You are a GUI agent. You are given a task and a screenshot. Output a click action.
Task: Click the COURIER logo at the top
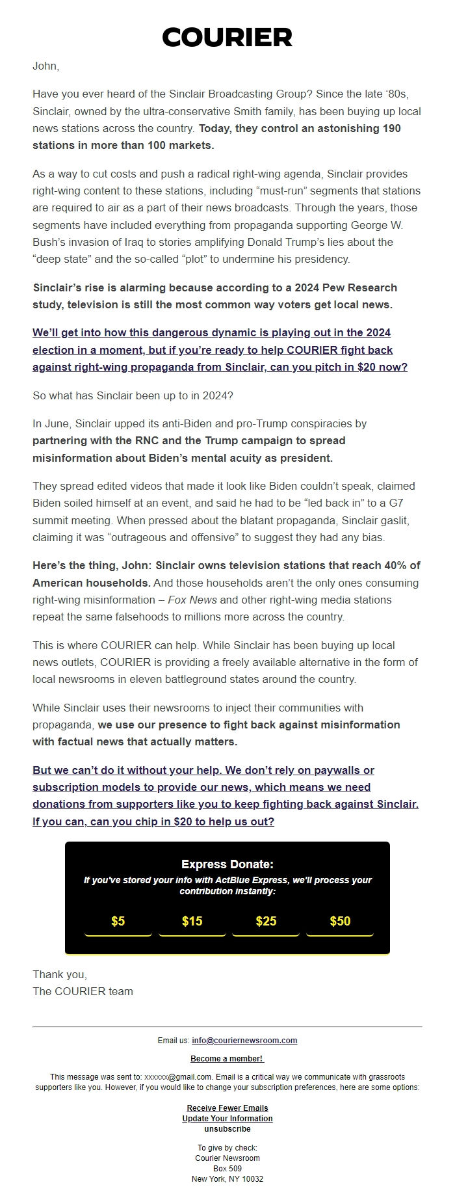(x=227, y=38)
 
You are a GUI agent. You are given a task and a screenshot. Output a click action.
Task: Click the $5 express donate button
(x=118, y=921)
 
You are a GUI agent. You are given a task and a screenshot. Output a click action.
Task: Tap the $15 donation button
(x=192, y=921)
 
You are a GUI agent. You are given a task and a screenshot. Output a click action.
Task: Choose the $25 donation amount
(x=266, y=921)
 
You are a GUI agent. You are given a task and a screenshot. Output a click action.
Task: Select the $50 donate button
(x=340, y=921)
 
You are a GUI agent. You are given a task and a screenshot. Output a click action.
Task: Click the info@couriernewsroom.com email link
(x=244, y=1041)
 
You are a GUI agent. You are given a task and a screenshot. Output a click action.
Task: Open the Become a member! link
(x=227, y=1059)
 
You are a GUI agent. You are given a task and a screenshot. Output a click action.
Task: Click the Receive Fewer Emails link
(x=227, y=1108)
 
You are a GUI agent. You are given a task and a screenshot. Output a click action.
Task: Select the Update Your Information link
(x=227, y=1119)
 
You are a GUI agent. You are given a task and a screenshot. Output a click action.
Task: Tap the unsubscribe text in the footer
(x=227, y=1129)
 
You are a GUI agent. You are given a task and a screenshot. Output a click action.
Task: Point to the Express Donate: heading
(x=227, y=864)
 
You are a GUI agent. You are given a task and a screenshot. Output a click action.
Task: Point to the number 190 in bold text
(x=391, y=128)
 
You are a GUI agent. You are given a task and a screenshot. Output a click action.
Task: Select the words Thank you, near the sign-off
(x=60, y=974)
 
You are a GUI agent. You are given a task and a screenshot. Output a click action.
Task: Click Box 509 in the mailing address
(x=227, y=1169)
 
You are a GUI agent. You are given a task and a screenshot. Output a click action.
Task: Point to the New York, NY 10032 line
(x=227, y=1179)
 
